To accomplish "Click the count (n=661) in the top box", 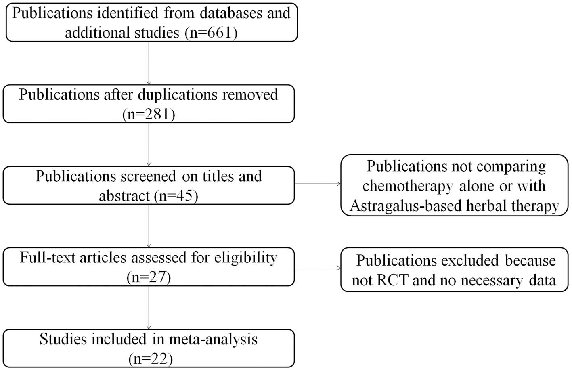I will tap(210, 32).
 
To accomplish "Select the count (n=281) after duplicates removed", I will tap(149, 115).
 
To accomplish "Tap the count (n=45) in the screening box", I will tap(176, 196).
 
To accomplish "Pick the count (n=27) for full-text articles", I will tap(149, 277).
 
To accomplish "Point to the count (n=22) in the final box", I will tap(150, 358).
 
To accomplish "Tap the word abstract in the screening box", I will tap(124, 196).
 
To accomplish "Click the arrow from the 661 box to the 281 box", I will tap(149, 63).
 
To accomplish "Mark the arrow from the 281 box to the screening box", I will tap(149, 144).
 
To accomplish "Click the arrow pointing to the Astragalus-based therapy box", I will tap(317, 184).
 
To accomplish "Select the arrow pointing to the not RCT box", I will tap(317, 268).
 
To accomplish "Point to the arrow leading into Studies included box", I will tap(149, 308).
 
